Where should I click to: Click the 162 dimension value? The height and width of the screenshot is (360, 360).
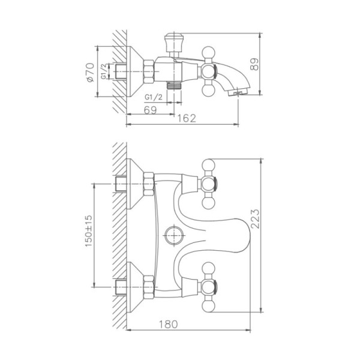tap(188, 118)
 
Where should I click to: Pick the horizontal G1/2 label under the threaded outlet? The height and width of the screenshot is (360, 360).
tap(154, 96)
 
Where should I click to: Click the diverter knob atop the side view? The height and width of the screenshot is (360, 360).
tap(172, 43)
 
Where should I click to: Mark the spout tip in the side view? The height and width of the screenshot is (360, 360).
tap(239, 92)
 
